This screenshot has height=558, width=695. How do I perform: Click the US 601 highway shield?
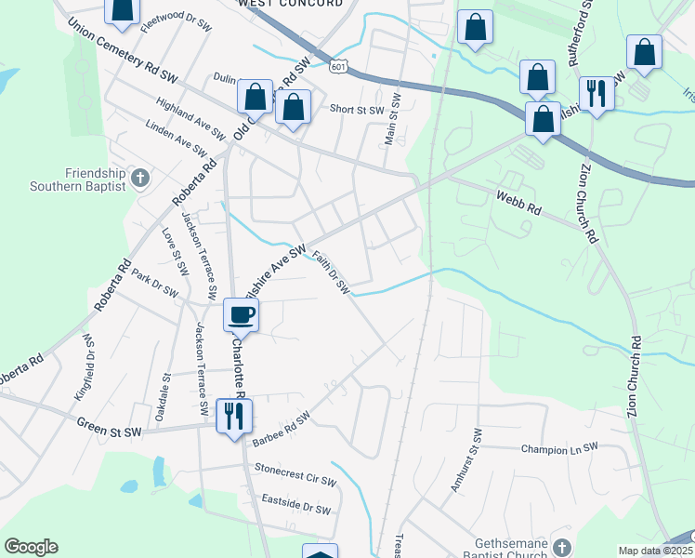(x=339, y=65)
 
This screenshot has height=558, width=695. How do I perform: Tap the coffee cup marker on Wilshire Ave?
(x=241, y=314)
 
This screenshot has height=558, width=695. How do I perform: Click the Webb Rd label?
(x=518, y=205)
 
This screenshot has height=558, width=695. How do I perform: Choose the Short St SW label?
(x=358, y=110)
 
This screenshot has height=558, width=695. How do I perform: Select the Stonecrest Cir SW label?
(x=295, y=479)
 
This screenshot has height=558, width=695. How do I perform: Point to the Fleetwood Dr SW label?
(x=176, y=21)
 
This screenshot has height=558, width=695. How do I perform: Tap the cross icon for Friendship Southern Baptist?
(x=140, y=177)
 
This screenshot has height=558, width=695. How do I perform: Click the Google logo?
(x=31, y=547)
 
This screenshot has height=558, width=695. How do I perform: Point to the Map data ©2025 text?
(x=654, y=551)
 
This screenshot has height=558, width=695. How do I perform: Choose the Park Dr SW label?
(x=154, y=284)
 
